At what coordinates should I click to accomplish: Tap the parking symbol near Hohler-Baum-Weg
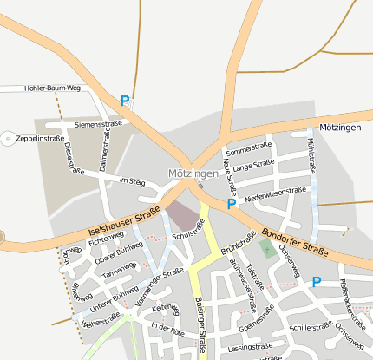coord(125,101)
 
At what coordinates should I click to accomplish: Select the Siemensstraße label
coord(98,125)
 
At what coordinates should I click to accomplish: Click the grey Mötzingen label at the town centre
coord(193,173)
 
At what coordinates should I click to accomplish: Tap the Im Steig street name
coord(132,181)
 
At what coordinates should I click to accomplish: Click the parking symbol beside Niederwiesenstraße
coord(231,204)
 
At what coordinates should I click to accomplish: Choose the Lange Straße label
coord(253,163)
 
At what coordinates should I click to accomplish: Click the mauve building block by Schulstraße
coord(181,215)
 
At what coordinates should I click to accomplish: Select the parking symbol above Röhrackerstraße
coord(316,282)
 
